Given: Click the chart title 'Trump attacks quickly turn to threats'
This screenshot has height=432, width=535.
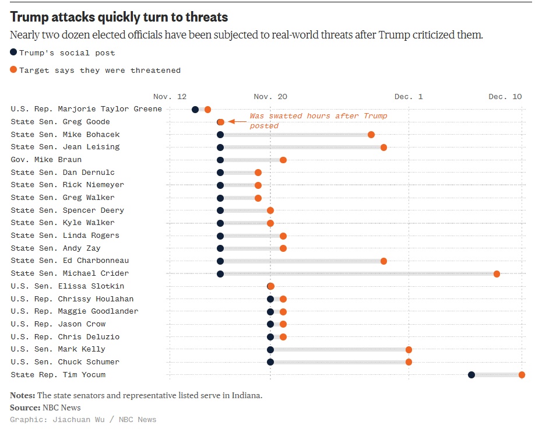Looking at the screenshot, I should point(119,17).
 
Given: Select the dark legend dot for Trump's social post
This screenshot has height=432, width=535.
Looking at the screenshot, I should point(13,52).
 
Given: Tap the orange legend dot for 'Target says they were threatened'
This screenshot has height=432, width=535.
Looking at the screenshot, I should point(13,71).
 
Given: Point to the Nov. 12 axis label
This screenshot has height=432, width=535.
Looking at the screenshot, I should point(170,97).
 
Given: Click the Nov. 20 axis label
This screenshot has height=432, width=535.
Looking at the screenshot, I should point(270,97).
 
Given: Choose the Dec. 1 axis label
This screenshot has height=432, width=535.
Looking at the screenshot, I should point(409,97).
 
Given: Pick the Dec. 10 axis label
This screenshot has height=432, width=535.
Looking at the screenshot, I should point(505,97).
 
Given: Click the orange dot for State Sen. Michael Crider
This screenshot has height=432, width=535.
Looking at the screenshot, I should point(497,273).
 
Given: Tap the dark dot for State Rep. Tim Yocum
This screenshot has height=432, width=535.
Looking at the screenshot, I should point(471,375).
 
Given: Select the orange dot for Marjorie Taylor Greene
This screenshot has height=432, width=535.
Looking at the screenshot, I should point(207,109).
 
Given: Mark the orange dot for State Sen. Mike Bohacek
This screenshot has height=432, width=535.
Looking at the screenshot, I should point(371,135).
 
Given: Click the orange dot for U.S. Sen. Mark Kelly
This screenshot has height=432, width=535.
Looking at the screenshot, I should point(409,349).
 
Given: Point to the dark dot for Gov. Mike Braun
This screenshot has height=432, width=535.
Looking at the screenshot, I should point(220,160).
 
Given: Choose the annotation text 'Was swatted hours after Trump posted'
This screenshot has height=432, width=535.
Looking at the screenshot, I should point(318,121).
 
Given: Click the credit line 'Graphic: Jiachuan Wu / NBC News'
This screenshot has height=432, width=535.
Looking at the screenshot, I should point(83,419).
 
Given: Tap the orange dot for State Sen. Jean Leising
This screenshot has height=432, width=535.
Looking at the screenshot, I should point(383,147).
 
